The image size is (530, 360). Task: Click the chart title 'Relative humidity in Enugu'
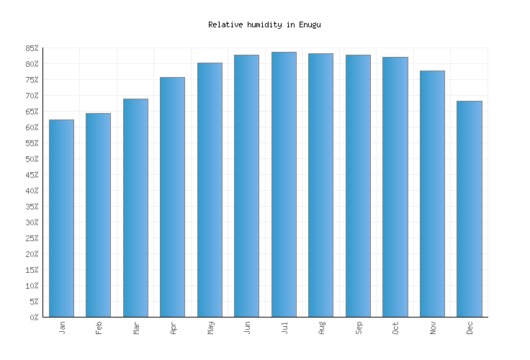point(264,24)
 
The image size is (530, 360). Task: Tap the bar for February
point(98,215)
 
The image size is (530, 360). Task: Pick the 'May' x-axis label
point(210,328)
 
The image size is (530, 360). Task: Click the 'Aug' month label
point(321,328)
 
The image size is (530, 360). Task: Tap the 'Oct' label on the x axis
point(395,328)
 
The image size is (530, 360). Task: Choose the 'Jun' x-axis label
point(247,328)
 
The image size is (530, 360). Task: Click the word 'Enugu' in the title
point(310,24)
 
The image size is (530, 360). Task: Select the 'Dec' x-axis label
point(470,328)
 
